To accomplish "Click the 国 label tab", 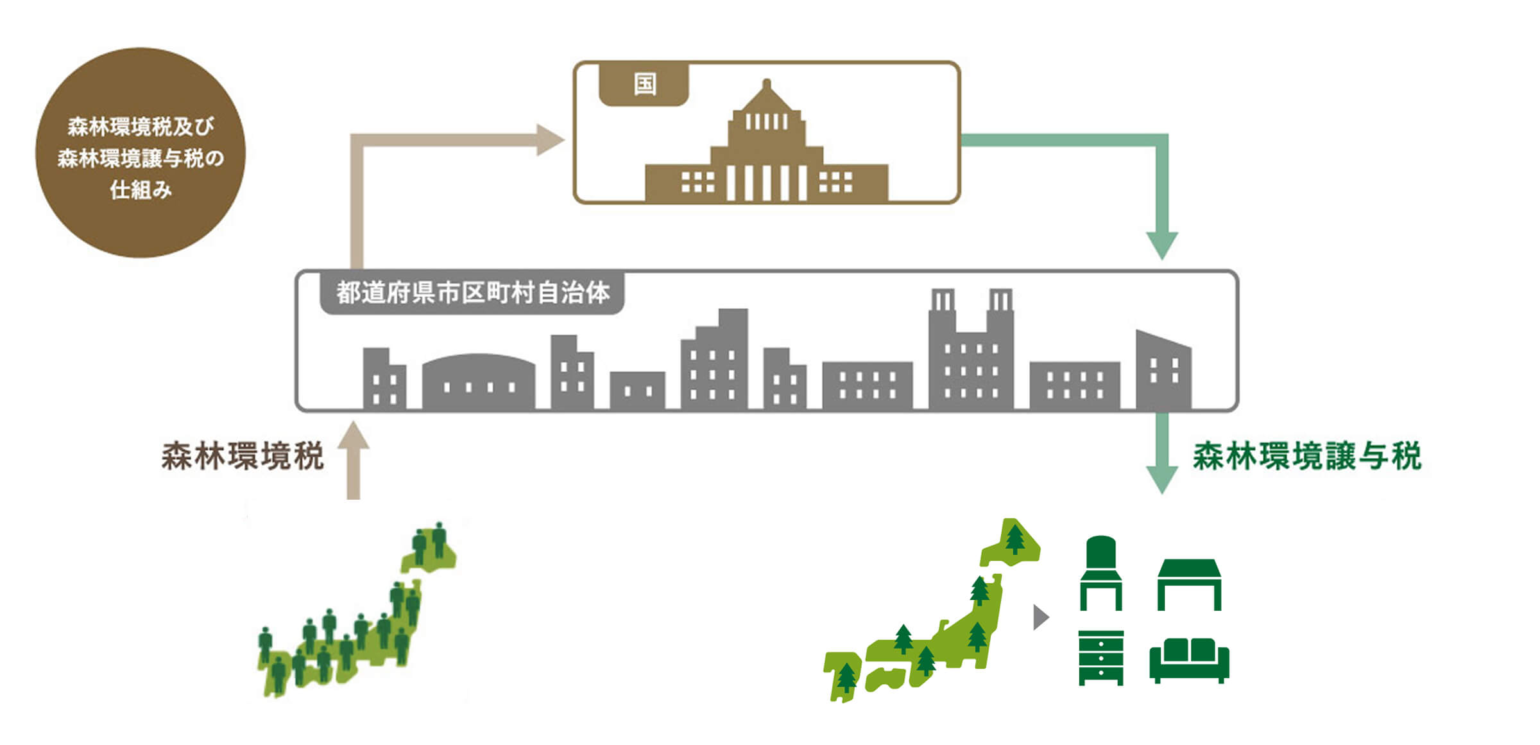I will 644,84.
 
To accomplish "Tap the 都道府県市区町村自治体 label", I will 472,293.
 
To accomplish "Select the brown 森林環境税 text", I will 243,457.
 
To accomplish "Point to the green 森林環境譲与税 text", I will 1307,457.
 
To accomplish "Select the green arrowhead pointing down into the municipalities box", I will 1161,244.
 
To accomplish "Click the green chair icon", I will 1101,573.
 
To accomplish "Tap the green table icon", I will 1189,583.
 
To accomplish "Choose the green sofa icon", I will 1189,660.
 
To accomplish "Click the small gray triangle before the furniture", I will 1040,617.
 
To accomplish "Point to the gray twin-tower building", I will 971,352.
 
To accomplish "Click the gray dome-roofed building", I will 478,381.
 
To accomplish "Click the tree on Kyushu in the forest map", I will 847,678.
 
